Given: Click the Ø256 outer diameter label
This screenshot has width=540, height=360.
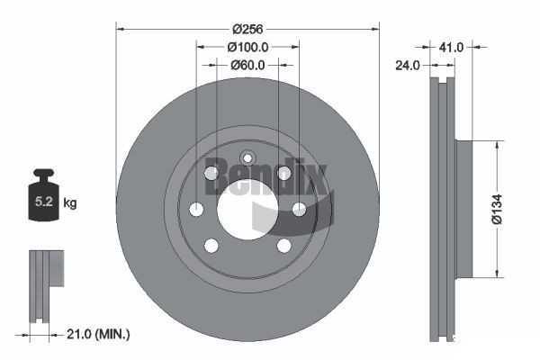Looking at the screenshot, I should tap(247, 28).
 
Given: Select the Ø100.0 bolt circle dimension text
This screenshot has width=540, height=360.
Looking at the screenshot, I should tap(247, 46).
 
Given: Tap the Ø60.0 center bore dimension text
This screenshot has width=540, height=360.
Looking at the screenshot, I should tap(247, 64).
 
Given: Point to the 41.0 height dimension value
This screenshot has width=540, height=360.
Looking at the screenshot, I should tap(452, 46).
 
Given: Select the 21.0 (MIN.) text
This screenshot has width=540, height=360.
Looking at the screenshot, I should tap(100, 334).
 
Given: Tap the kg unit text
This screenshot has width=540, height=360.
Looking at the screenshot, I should tap(70, 203).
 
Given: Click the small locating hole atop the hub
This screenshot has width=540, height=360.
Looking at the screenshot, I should tap(247, 158).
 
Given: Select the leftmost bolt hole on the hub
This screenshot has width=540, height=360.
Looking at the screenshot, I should tap(197, 209).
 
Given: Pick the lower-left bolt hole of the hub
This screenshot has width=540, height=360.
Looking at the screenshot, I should tap(211, 245).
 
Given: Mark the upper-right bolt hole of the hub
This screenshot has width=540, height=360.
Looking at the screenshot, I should tap(283, 173).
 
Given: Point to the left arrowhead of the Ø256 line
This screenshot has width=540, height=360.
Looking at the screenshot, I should tap(121, 28).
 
